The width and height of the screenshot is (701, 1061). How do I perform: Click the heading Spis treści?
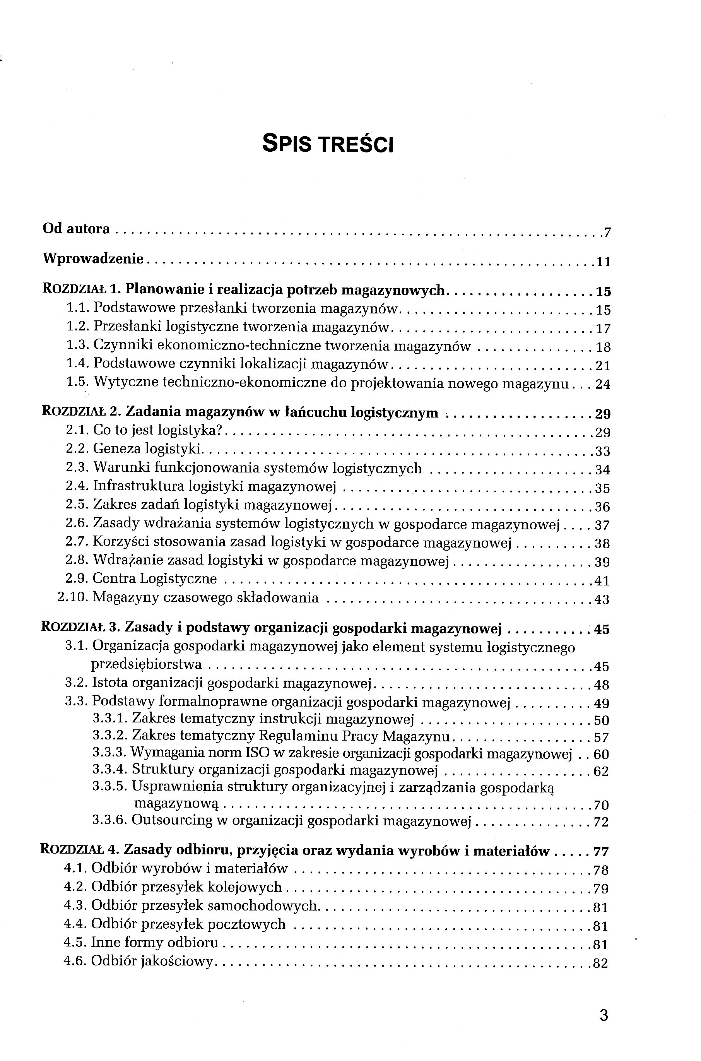click(x=327, y=144)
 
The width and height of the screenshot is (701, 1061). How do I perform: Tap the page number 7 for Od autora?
click(x=607, y=233)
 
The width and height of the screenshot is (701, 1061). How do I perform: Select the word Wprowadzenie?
click(x=93, y=258)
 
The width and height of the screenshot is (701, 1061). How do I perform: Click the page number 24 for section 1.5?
click(x=603, y=385)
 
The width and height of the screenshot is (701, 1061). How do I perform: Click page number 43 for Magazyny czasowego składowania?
click(x=602, y=599)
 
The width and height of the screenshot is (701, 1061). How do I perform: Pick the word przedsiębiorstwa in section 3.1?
click(x=146, y=665)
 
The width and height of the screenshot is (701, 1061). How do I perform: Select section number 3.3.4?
click(x=110, y=770)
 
